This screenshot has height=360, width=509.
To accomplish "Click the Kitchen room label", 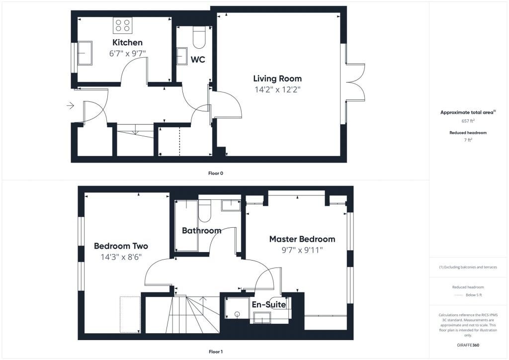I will tap(127, 42).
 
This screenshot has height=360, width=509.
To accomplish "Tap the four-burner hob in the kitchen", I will tap(122, 25).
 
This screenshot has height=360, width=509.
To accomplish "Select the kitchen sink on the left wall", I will tap(84, 53).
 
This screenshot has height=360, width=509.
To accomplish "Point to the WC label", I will tap(198, 60).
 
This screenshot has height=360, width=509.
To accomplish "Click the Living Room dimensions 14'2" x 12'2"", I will tap(277, 90).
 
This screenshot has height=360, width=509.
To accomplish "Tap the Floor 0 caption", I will tap(215, 173).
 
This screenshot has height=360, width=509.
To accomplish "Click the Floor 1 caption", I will tap(215, 352).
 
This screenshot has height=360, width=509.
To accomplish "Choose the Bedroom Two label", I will tap(121, 246).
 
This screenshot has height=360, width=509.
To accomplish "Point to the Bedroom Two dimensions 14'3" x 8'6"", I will tap(121, 257).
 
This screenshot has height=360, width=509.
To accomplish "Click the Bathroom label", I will tap(201, 231).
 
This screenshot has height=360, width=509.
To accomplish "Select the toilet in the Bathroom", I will tap(205, 210).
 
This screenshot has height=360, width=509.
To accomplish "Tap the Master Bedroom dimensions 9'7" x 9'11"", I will tap(302, 250).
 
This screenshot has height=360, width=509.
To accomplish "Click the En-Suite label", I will tap(269, 304).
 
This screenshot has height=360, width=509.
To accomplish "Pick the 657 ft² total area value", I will tap(468, 121).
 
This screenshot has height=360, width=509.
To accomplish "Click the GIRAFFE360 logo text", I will tap(468, 345).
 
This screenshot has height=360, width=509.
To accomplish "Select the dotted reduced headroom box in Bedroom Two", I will tap(130, 314).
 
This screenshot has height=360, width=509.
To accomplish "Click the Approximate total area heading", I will tap(468, 112).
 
